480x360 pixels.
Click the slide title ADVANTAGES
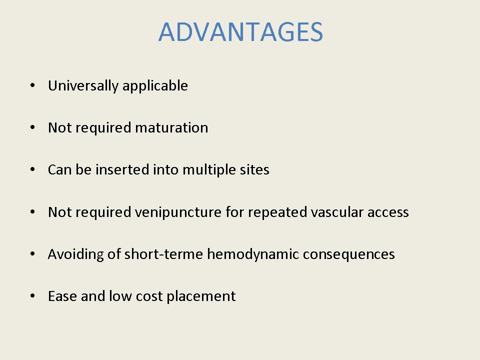[240, 31]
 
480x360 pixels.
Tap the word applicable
[155, 86]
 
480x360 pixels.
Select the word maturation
[171, 127]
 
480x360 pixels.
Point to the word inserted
[122, 169]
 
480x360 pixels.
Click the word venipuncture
[178, 212]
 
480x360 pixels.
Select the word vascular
[337, 212]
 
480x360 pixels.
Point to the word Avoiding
[76, 254]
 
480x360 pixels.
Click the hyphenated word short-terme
[163, 254]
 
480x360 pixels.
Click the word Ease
[62, 296]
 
